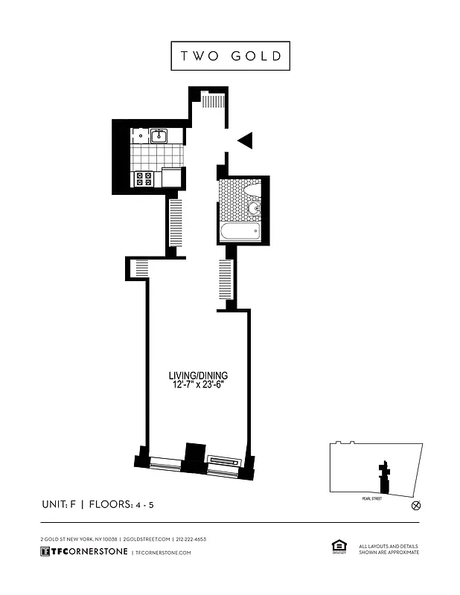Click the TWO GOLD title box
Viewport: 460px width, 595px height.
230,57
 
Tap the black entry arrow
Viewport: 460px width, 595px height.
246,140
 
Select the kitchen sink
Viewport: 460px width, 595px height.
159,135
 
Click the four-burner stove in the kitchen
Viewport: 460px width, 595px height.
144,178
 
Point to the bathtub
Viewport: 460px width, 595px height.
240,232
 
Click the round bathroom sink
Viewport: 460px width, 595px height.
254,208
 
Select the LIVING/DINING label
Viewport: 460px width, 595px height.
197,375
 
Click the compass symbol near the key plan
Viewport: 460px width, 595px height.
416,506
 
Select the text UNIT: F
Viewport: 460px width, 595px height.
59,505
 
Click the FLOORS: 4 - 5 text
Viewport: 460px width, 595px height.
121,505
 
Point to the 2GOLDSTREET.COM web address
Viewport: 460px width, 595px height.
146,539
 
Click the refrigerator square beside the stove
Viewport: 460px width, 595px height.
172,178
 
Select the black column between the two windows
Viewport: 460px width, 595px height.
194,456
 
